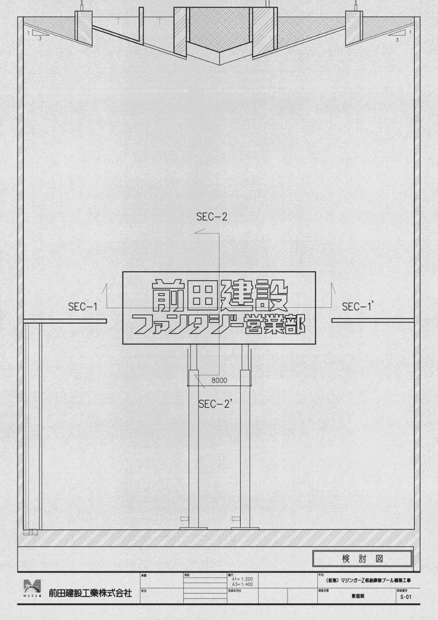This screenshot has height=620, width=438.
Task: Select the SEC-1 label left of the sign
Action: coord(83,306)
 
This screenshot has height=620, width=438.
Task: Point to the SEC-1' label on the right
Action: coord(358,306)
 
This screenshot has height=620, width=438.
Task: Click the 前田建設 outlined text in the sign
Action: coord(219,293)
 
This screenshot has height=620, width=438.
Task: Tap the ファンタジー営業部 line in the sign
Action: coord(219,324)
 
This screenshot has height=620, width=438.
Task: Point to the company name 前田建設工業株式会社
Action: coord(90,593)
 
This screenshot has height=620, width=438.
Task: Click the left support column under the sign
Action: coord(193,444)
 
